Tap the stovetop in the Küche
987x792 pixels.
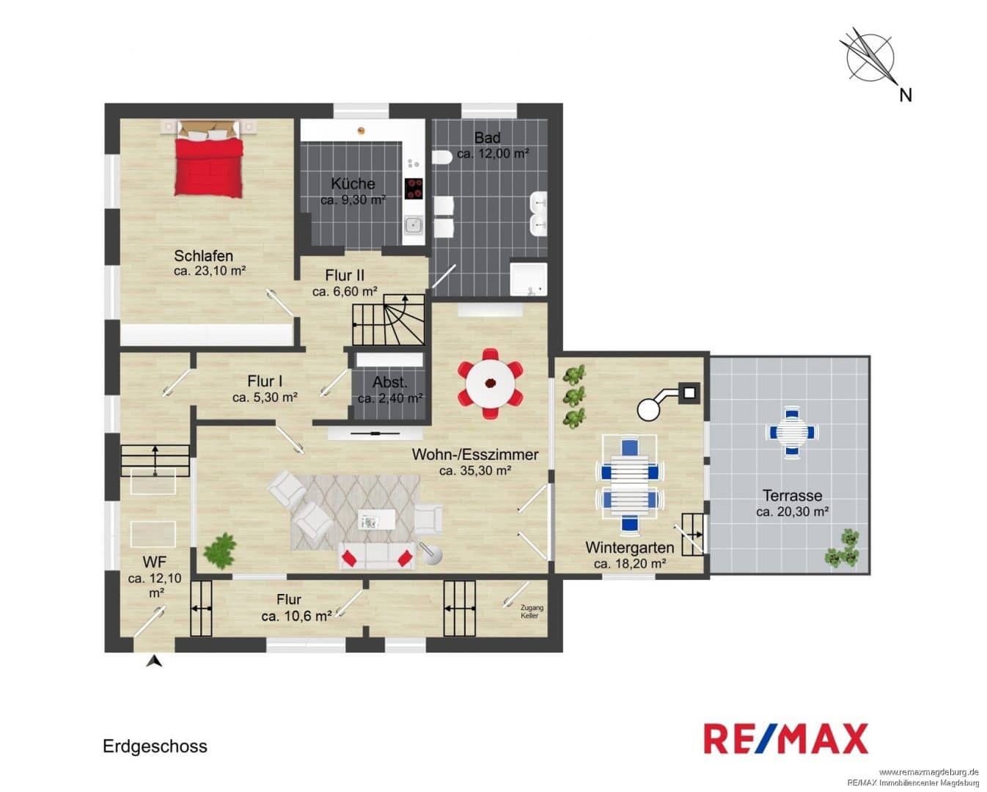tap(414, 188)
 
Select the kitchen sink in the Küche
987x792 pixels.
tap(414, 224)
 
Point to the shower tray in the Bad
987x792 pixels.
tap(529, 279)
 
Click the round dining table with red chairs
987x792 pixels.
tap(491, 384)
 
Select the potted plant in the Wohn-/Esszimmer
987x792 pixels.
tap(220, 550)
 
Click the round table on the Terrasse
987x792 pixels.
tap(792, 431)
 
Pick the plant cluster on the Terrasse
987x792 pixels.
tap(843, 549)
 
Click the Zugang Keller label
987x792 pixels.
tap(532, 612)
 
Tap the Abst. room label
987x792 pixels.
tap(390, 382)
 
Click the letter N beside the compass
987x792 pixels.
tap(906, 95)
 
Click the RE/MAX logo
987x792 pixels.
tap(786, 738)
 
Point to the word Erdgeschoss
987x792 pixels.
tap(155, 747)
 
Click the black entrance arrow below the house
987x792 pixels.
tap(154, 661)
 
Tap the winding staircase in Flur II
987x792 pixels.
tap(388, 320)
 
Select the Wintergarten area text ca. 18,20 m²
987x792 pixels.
tap(630, 564)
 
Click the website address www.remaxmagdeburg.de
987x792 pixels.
tap(931, 772)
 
